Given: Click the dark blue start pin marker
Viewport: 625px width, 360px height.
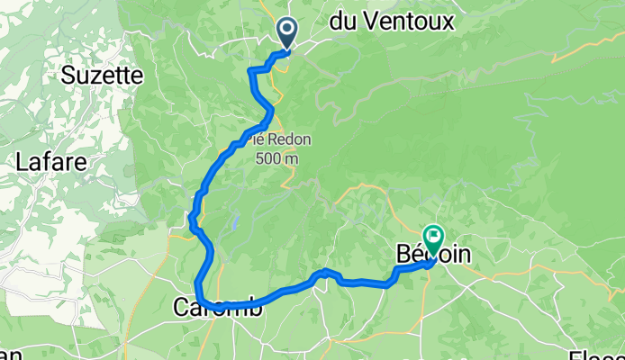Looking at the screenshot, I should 287,32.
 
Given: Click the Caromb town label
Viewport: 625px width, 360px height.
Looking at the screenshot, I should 219,308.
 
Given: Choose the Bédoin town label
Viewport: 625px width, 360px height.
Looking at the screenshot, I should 432,255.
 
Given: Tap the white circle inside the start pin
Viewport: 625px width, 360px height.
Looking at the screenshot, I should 287,30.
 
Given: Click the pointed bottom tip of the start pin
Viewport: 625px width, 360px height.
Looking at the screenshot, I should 287,49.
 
